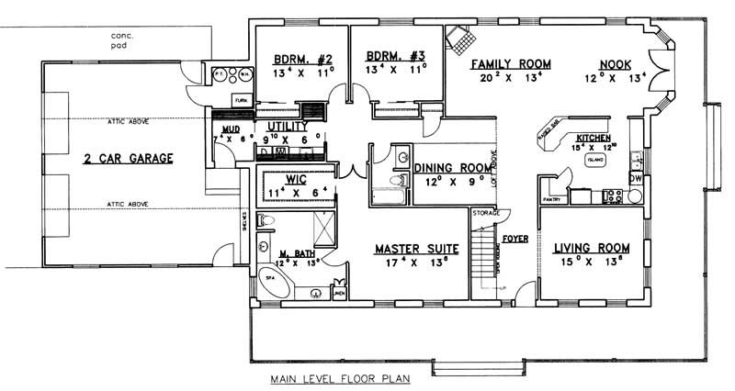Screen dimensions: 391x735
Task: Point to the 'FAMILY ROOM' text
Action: (x=511, y=63)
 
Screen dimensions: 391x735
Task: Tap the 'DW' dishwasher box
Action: (x=636, y=178)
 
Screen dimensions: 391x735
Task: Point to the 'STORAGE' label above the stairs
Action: (x=485, y=214)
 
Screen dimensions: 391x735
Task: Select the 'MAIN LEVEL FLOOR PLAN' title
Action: (x=341, y=378)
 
